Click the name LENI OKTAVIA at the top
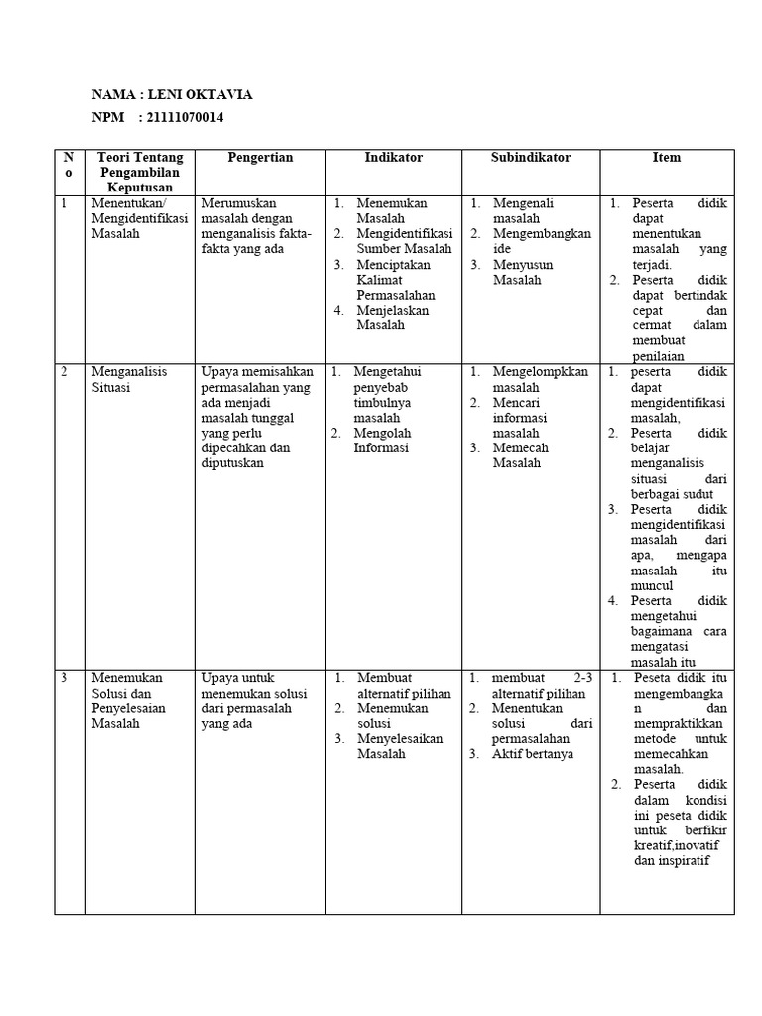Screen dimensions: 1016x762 [x=199, y=94]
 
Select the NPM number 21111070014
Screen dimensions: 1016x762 [x=184, y=118]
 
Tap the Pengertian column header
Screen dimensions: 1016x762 [x=260, y=157]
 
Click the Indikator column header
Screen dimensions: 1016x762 [x=393, y=157]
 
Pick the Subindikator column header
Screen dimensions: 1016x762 [x=530, y=157]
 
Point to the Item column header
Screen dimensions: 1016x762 [x=666, y=157]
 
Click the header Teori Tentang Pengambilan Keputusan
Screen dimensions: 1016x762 [x=140, y=172]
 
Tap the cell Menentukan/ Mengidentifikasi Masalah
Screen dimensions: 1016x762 [x=139, y=218]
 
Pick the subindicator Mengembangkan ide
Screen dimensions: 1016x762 [x=542, y=241]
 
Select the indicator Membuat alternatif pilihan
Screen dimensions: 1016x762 [x=403, y=686]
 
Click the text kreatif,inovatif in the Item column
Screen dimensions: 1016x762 [x=675, y=844]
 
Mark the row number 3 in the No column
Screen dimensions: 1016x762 [x=64, y=678]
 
